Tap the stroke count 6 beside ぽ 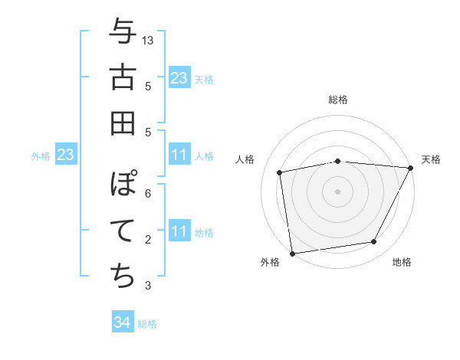(147, 193)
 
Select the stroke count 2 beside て (147, 240)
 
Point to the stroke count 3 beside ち (147, 286)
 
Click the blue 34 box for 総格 (122, 322)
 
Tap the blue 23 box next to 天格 (179, 78)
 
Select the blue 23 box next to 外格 (65, 155)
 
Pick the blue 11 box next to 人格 (179, 155)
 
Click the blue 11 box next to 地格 (179, 231)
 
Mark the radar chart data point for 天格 (410, 168)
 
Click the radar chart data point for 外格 (292, 252)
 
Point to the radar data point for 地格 (374, 242)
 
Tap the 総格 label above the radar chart (338, 100)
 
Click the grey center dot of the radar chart (337, 191)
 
